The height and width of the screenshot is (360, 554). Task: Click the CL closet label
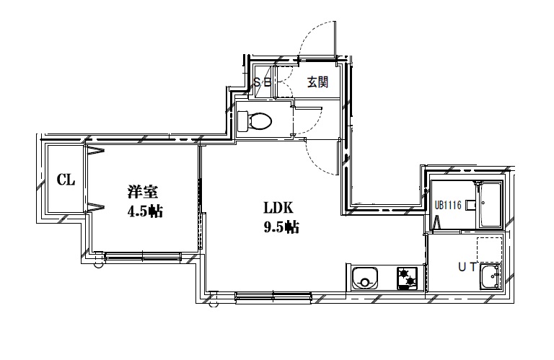(x=66, y=180)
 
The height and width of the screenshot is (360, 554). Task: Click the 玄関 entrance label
(x=318, y=82)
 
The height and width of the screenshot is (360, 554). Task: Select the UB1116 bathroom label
(x=448, y=206)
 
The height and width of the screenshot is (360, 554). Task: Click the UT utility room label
(x=467, y=268)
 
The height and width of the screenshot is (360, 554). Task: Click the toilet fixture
(x=256, y=120)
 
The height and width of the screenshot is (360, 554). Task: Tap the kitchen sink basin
(x=365, y=277)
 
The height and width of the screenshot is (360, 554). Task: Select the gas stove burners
(x=408, y=277)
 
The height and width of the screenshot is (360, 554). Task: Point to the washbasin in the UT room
(x=491, y=276)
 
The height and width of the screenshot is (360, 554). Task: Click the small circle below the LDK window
(x=213, y=304)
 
